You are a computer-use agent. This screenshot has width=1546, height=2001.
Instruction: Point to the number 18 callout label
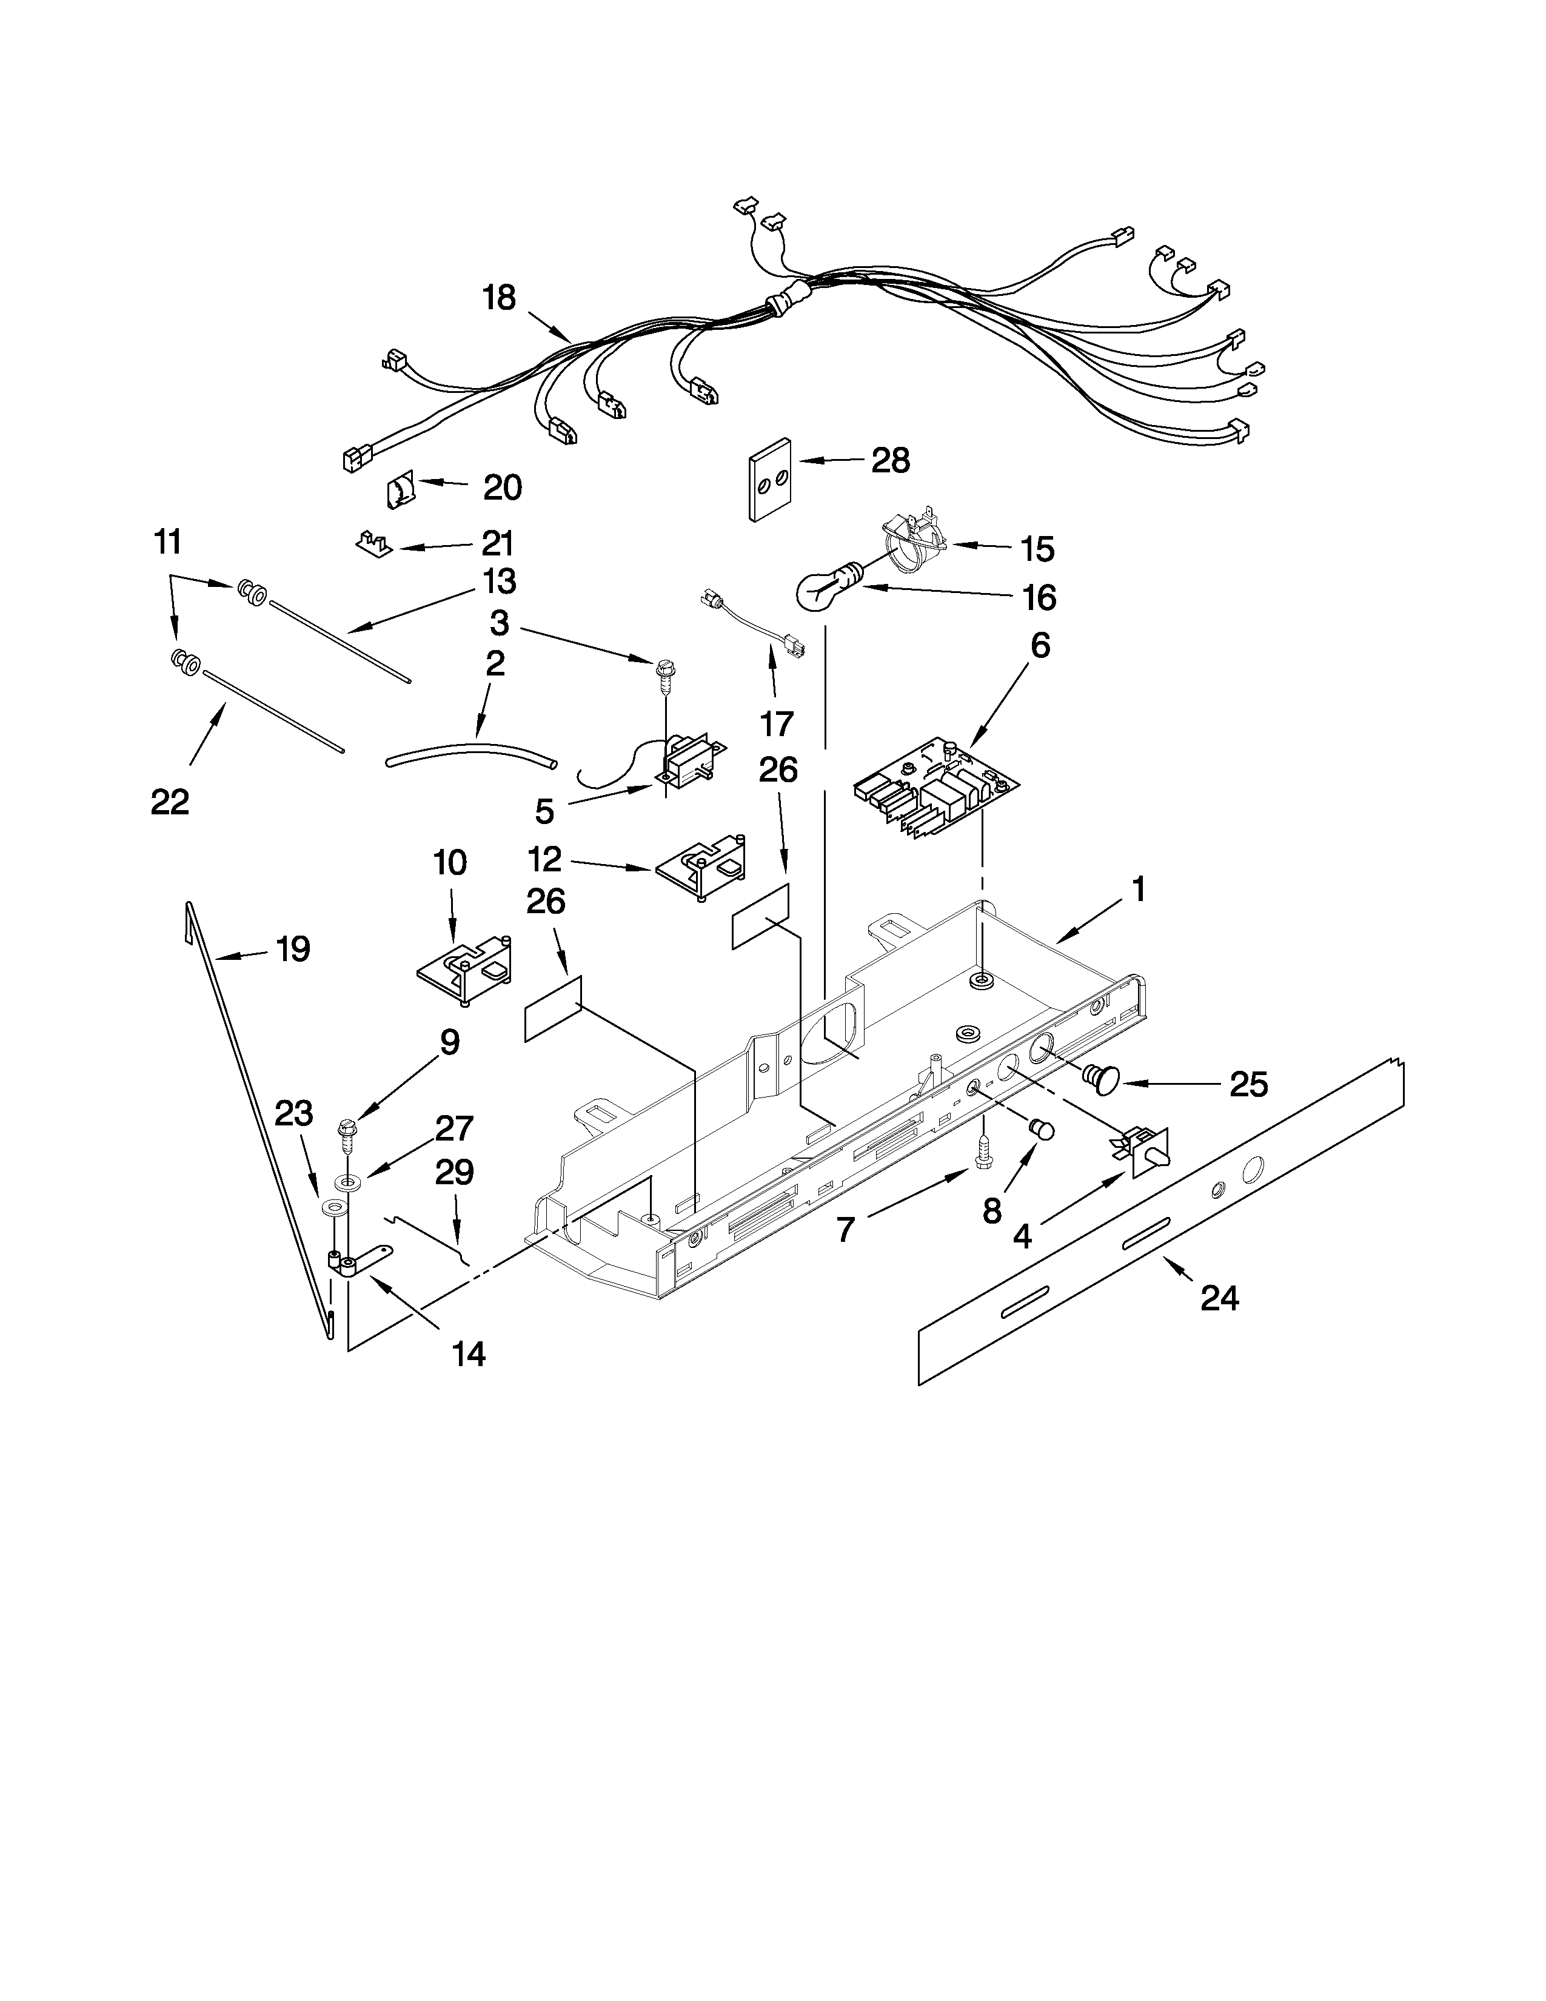(500, 299)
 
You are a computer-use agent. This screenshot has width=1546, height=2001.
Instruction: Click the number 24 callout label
(1220, 1298)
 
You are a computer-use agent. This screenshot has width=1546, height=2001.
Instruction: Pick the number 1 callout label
(1139, 890)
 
